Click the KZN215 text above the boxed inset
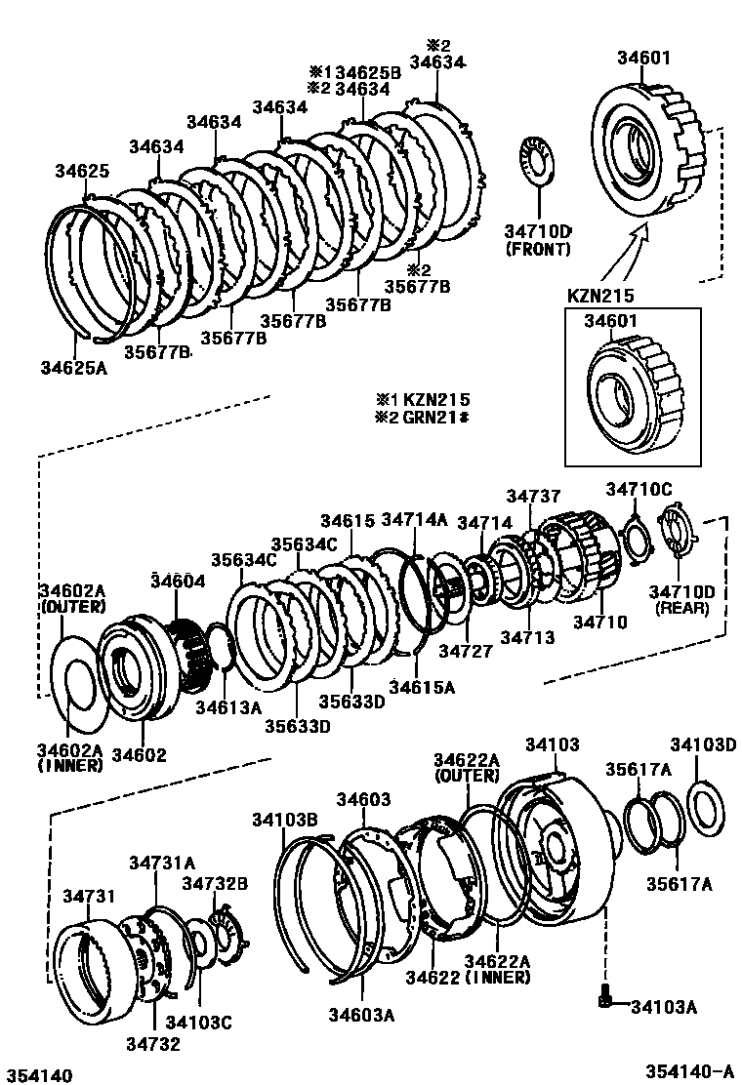[601, 294]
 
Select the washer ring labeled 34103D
[701, 807]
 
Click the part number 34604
[178, 581]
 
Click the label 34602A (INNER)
[70, 758]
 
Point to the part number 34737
[533, 498]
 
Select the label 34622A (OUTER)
[467, 767]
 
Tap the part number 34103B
[285, 819]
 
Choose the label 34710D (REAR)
[679, 599]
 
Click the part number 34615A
[422, 687]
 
